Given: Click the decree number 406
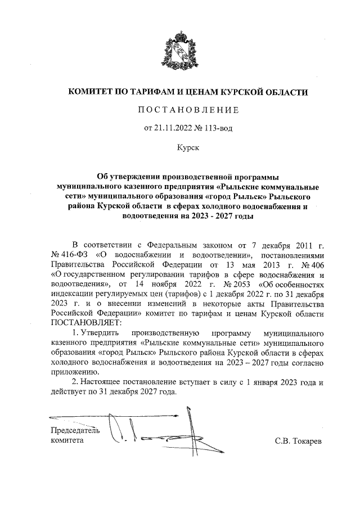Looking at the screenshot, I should pos(318,265).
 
